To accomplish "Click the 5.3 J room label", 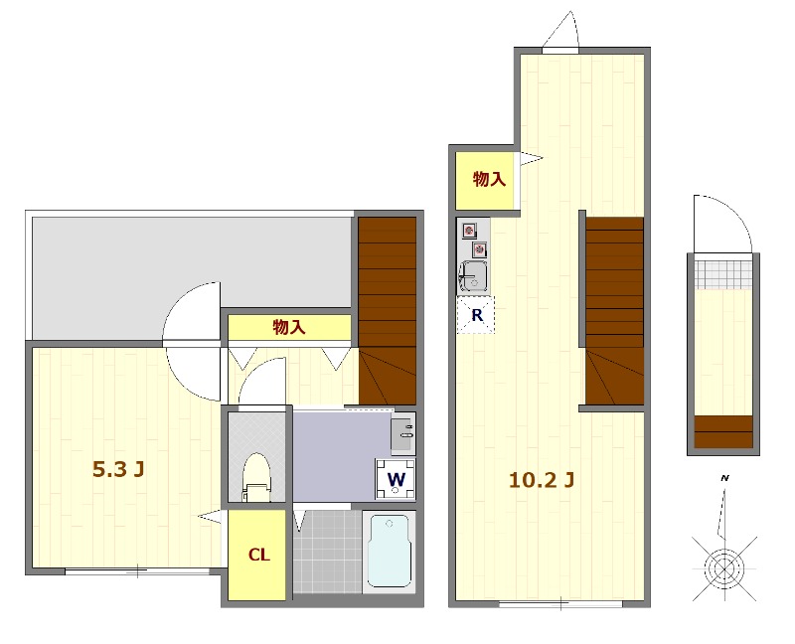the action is click(118, 469).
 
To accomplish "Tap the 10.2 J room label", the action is click(542, 480).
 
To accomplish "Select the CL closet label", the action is click(258, 556).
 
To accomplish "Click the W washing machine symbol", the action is click(396, 479).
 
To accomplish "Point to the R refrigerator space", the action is click(476, 315).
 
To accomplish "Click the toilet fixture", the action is click(256, 477).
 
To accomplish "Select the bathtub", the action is click(389, 552).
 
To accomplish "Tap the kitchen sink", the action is click(474, 277).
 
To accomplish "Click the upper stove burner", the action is click(469, 231).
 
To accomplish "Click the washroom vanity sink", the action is click(403, 433).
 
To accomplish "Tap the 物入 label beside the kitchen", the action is click(489, 179).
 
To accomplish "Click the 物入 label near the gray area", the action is click(289, 327).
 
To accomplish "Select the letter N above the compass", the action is click(725, 478).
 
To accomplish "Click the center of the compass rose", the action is click(725, 568).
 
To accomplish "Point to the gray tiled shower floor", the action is click(328, 552).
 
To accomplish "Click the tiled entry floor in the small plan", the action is click(723, 274).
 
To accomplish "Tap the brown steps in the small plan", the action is click(723, 432).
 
